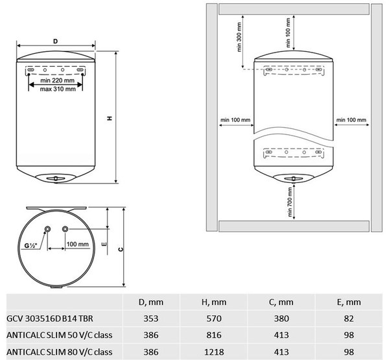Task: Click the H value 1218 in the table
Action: (x=214, y=352)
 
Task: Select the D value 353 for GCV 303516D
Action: (x=151, y=318)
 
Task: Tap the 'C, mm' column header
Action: (x=281, y=302)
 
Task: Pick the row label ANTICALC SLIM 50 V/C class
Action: (x=60, y=335)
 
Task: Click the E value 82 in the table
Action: (x=349, y=318)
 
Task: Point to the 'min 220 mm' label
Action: (x=57, y=80)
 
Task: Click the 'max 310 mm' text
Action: (x=58, y=89)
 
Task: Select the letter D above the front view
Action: (x=56, y=42)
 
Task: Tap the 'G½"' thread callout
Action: (x=30, y=246)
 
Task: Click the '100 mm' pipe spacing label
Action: (x=78, y=245)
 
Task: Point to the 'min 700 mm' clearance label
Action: (x=290, y=202)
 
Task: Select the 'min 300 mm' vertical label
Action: (x=239, y=37)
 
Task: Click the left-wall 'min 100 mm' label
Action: (x=235, y=120)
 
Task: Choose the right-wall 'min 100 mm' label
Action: (x=351, y=120)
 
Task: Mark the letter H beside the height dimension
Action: (x=110, y=118)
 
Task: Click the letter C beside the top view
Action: (x=121, y=249)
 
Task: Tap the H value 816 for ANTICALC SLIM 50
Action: (x=214, y=335)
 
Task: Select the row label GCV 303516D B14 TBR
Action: (x=50, y=318)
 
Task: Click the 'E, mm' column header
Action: (x=349, y=302)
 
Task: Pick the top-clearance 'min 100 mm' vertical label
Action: (x=288, y=32)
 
